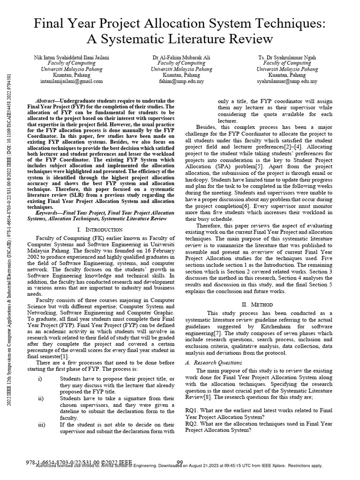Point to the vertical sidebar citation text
click(x=10, y=234)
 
